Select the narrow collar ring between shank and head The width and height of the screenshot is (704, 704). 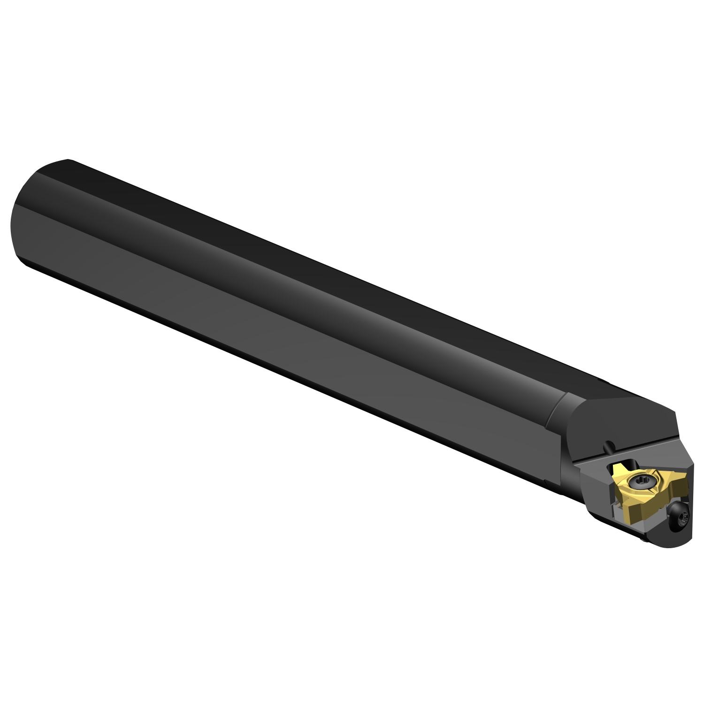pos(559,408)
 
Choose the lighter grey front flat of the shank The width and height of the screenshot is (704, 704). pos(282,338)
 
